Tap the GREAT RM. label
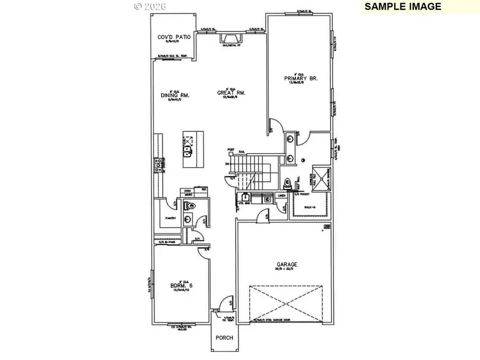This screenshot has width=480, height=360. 231,93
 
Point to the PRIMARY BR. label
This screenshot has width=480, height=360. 301,78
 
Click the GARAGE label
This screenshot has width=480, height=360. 286,264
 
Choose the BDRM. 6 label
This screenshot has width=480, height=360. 181,285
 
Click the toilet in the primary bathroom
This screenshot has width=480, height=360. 286,183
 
